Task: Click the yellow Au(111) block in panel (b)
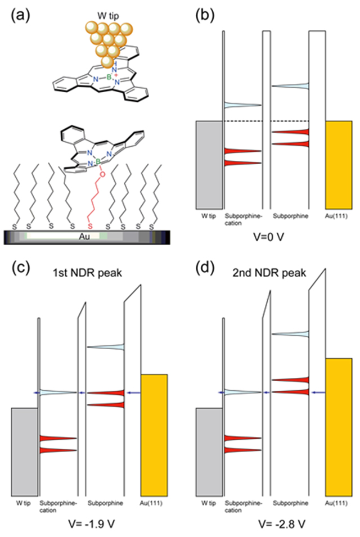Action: tap(338, 163)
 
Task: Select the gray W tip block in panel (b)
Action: tap(208, 163)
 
